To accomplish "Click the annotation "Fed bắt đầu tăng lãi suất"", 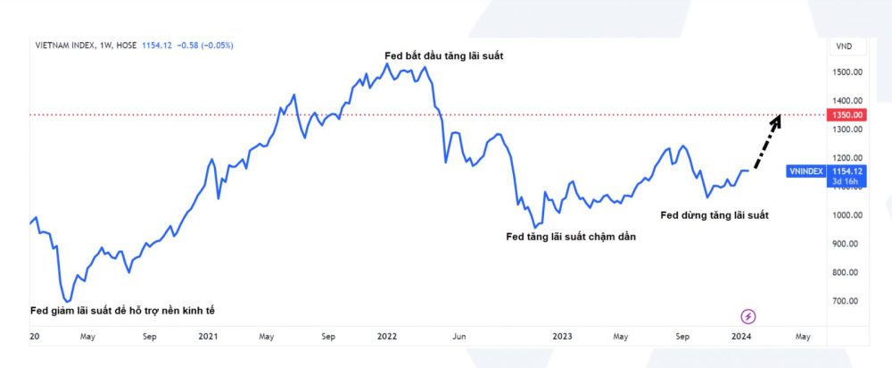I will pos(443,56).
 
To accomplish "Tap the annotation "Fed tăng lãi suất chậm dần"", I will pos(571,237).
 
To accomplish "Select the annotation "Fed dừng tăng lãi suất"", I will pos(714,215).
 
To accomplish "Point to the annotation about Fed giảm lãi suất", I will pos(122,310).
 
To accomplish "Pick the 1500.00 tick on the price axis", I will pos(847,72).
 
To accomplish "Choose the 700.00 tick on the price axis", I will pos(847,301).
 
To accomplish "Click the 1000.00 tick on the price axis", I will pos(847,215).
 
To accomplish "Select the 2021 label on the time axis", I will pos(208,337).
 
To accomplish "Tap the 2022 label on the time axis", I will pos(386,337).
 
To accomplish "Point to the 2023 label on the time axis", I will pos(562,337).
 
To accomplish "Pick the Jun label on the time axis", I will pos(459,337).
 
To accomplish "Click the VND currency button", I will pos(843,46).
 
